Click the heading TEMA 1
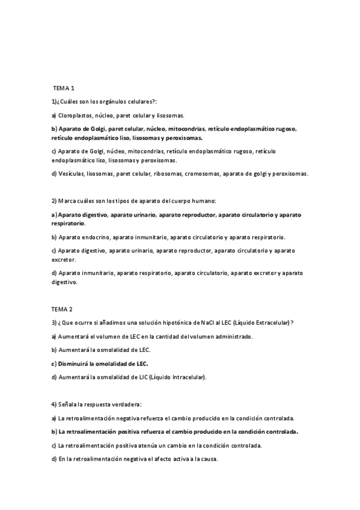63,89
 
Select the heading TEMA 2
62,309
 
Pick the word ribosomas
168,174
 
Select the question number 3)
54,322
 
